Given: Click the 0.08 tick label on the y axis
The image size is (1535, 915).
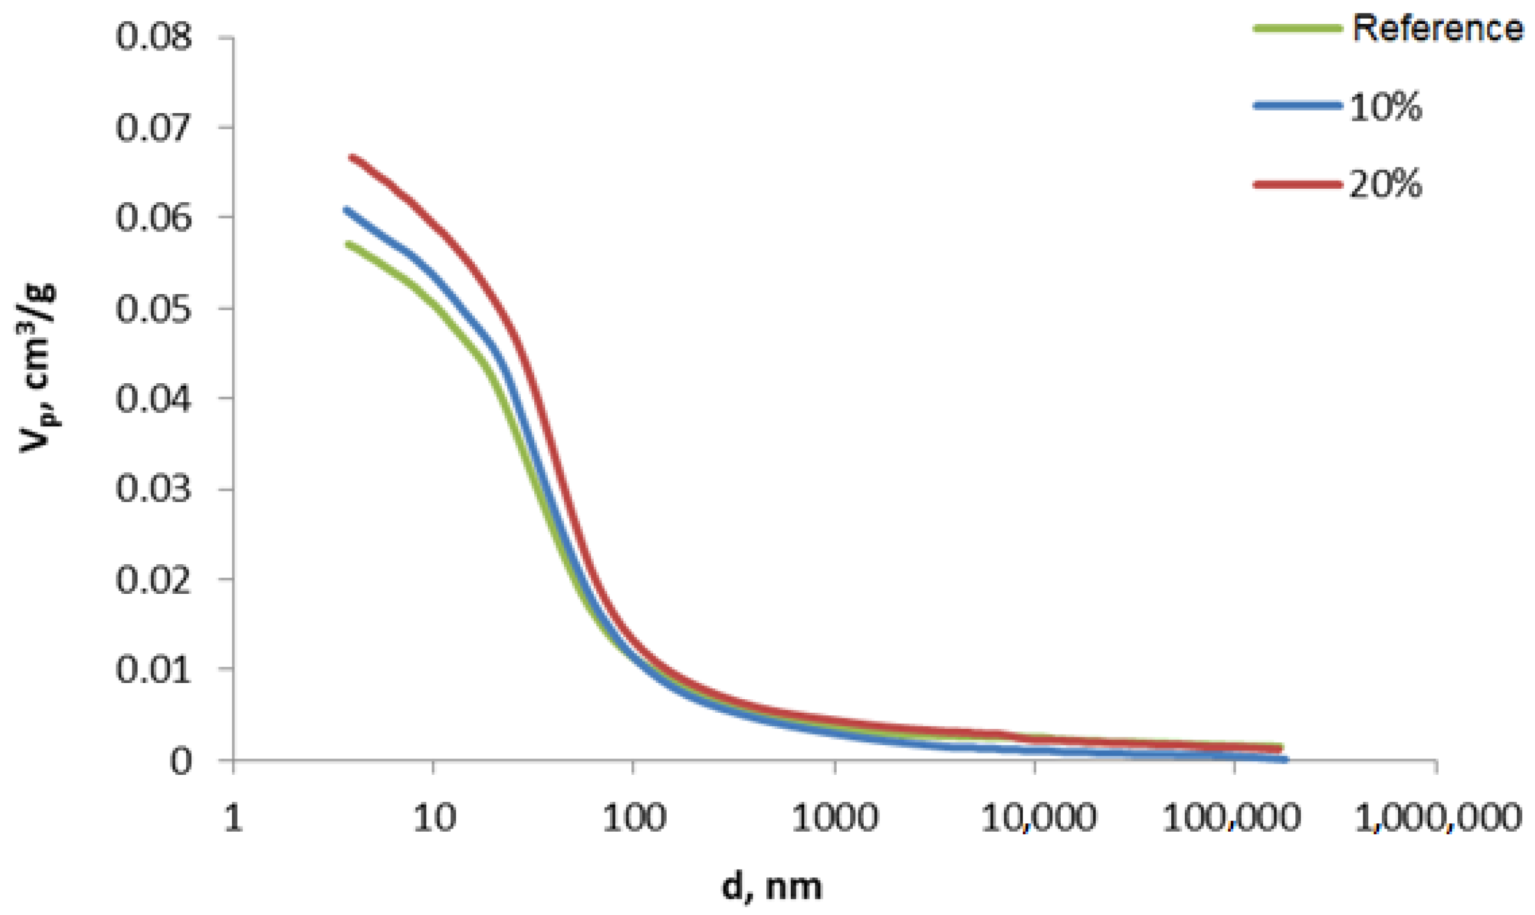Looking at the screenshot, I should [x=154, y=36].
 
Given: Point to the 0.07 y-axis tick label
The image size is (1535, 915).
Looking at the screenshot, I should [x=154, y=127].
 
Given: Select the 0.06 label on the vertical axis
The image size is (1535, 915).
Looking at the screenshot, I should [x=154, y=217].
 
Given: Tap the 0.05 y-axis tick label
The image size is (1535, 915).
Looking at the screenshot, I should [x=154, y=308].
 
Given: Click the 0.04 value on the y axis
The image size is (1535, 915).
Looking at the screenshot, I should [x=154, y=398].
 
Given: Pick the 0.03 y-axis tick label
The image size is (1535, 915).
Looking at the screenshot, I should [x=154, y=489].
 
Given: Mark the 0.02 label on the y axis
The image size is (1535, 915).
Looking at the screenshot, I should [x=154, y=579].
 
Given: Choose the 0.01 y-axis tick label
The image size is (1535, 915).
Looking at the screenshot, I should [x=154, y=669].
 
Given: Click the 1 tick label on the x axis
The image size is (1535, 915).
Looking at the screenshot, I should [x=233, y=819].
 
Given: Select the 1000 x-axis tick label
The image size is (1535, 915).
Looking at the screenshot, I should [x=835, y=819].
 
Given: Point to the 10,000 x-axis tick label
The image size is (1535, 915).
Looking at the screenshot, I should [x=1039, y=819].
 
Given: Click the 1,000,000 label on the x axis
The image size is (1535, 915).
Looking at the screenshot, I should [x=1438, y=819].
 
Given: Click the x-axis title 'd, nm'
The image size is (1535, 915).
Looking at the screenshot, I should [x=771, y=887].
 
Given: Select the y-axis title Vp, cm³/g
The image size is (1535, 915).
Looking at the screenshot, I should [x=39, y=368].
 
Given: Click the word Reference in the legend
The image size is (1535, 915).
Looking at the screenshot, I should [x=1438, y=28].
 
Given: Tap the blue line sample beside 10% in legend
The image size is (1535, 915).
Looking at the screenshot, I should [x=1297, y=105].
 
